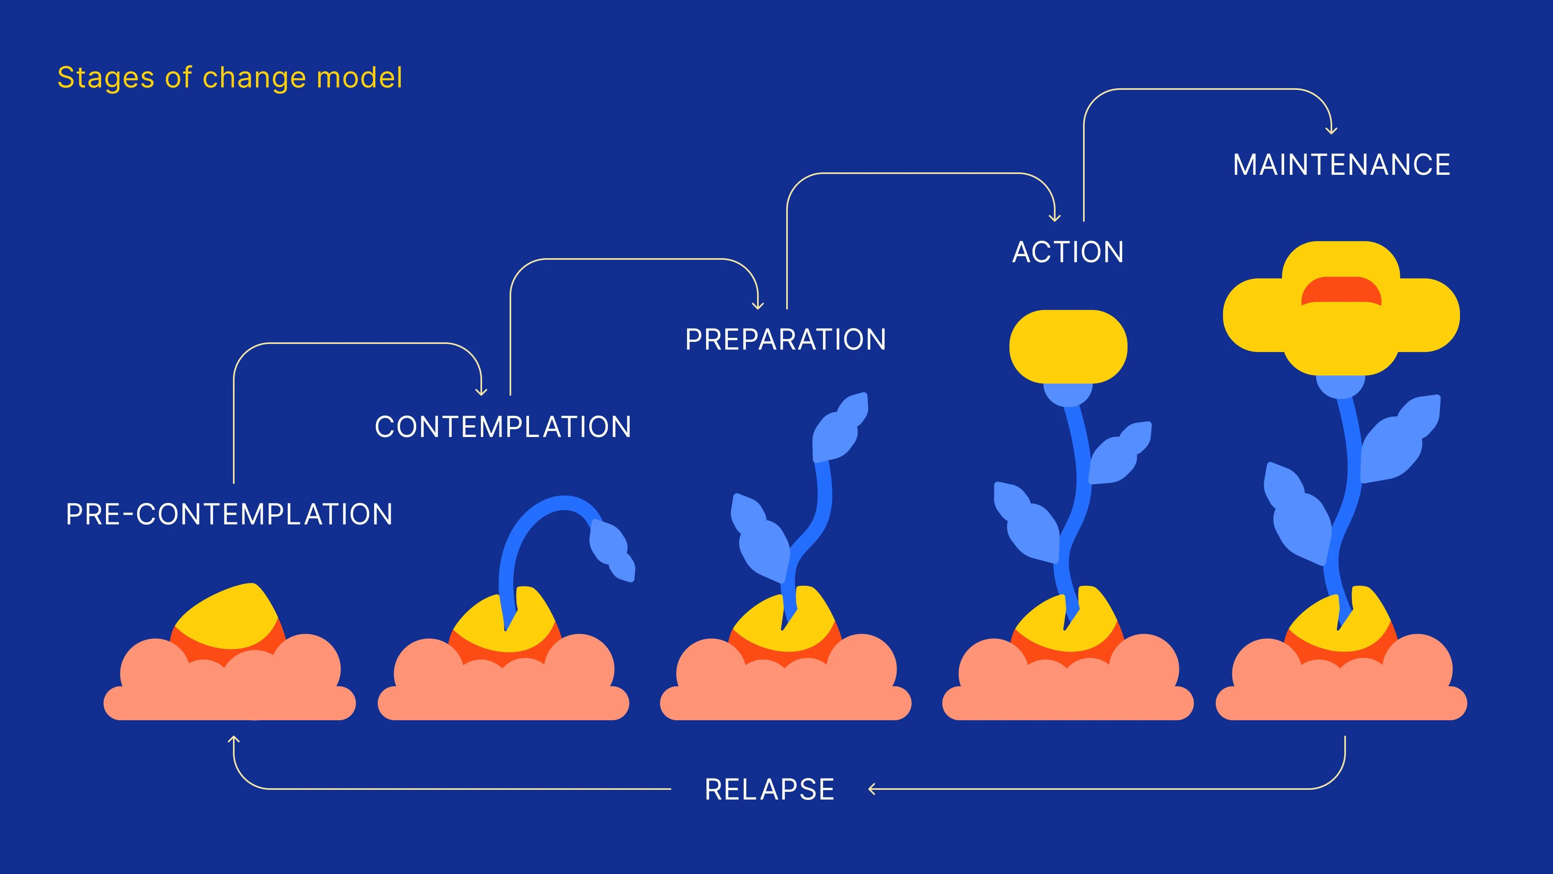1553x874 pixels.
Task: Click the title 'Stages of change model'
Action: [x=230, y=78]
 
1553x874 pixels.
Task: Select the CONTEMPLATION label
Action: [x=503, y=427]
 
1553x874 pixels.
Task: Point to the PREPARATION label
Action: [x=785, y=339]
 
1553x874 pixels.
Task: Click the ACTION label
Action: [x=1068, y=252]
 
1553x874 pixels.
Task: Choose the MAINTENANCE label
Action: [x=1341, y=165]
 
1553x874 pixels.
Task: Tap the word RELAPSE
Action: [x=769, y=789]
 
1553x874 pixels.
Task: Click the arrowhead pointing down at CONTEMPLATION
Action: [x=481, y=392]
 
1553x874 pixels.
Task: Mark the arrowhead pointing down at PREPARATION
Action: [x=758, y=306]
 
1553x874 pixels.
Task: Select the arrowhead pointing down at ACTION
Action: [x=1054, y=218]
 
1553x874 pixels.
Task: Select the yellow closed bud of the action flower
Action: [x=1068, y=347]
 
